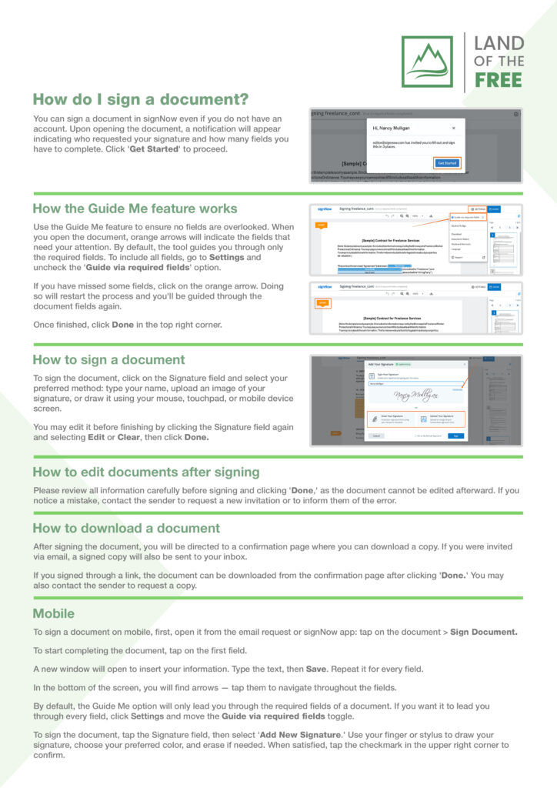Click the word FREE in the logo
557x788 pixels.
pos(498,79)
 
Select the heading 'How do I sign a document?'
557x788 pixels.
pos(140,100)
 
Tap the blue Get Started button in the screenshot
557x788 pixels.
pos(447,163)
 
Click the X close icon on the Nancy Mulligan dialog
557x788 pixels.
pos(453,128)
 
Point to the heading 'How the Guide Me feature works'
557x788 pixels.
pos(135,209)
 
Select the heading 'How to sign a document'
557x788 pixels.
pos(108,359)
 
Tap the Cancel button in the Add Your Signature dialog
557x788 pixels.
pos(376,436)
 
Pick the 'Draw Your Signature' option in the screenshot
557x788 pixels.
pos(384,419)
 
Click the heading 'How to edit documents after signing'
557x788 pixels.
pos(146,472)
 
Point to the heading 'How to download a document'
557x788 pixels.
pos(126,528)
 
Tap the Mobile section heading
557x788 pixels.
pos(54,613)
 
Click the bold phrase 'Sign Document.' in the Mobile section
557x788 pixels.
pos(483,632)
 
